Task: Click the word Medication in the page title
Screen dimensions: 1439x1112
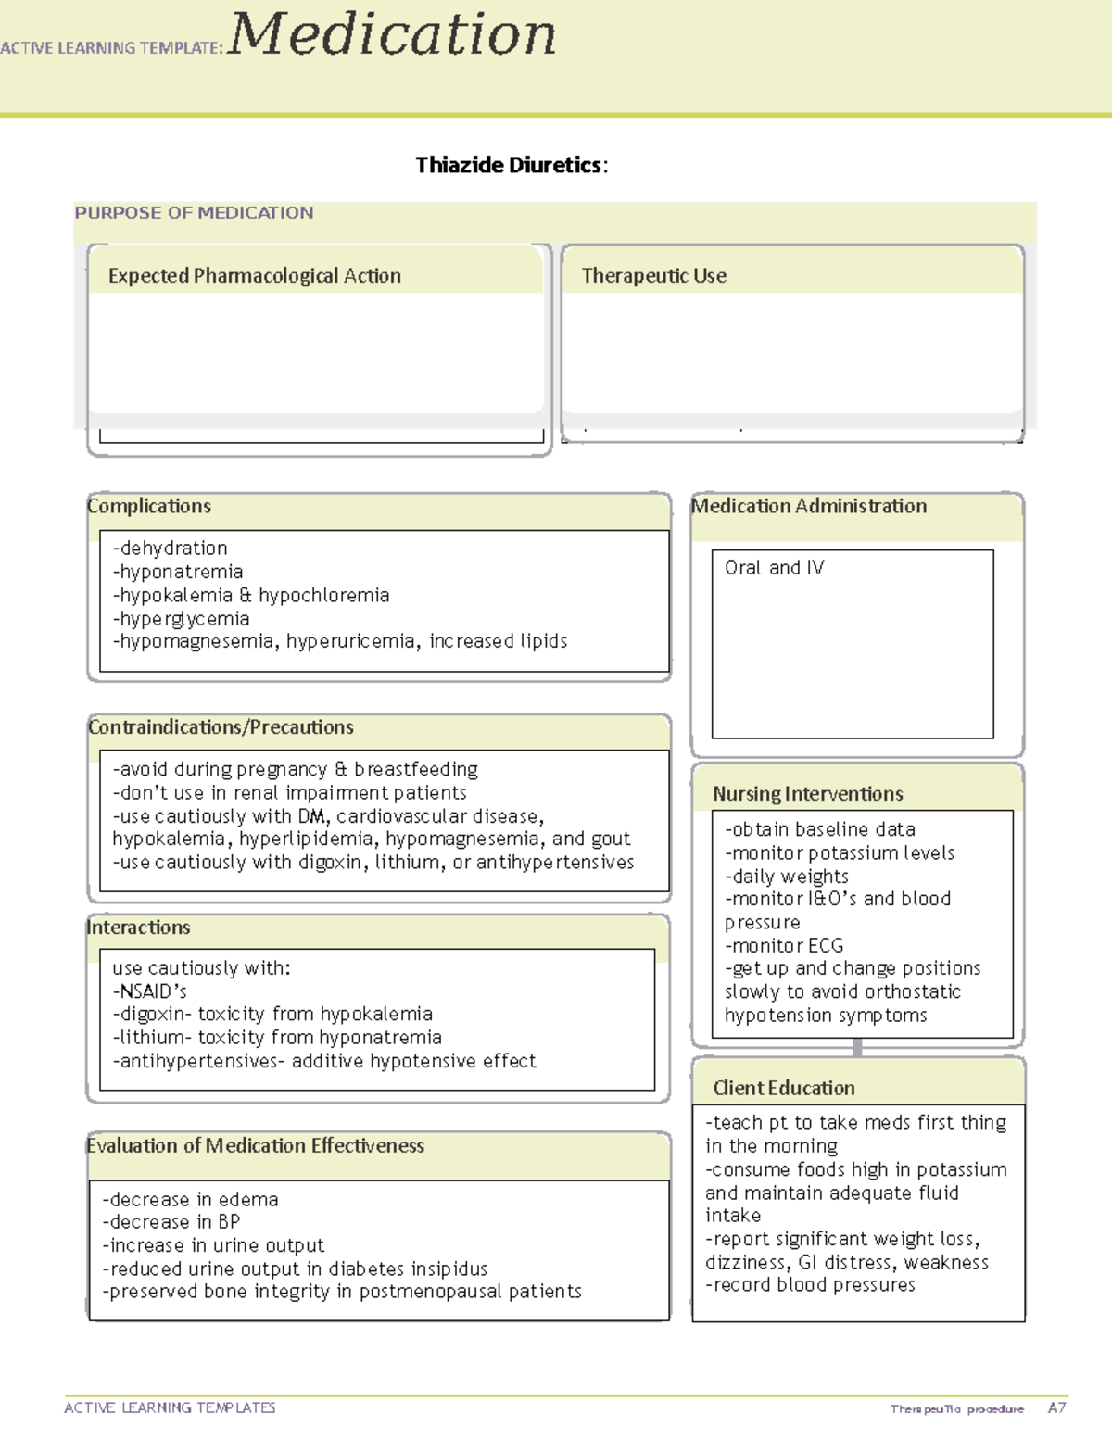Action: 391,35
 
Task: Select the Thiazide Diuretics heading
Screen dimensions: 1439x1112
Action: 511,165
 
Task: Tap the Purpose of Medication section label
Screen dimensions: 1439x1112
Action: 194,213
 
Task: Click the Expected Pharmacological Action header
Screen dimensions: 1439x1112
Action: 254,275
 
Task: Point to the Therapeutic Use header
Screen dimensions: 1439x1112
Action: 653,275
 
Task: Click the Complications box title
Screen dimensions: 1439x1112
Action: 149,506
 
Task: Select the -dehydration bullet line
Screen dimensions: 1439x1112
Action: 170,549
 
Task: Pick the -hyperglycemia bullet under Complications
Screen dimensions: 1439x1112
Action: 181,618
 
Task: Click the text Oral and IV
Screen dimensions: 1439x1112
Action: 774,568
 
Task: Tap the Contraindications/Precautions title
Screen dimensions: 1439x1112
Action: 221,727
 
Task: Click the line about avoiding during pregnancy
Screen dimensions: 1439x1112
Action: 295,769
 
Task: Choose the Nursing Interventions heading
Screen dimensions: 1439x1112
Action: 807,794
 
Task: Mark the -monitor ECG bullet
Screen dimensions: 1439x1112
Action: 784,946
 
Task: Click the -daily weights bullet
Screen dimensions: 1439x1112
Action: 787,877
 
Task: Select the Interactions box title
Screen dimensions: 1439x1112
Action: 138,928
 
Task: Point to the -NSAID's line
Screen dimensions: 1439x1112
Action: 149,991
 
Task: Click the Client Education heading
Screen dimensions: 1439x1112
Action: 784,1088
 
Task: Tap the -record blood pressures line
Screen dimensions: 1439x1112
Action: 810,1285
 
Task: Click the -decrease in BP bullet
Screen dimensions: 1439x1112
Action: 171,1222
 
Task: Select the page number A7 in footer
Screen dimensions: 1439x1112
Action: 1056,1408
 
